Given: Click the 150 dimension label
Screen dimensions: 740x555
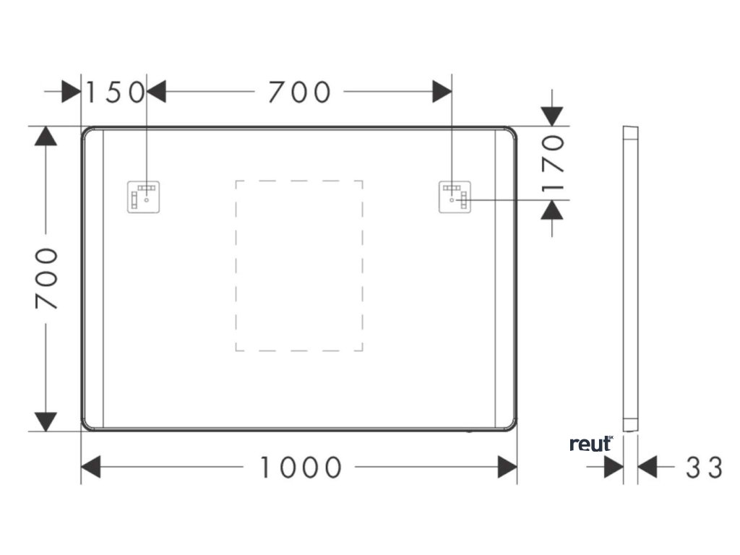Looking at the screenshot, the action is click(116, 92).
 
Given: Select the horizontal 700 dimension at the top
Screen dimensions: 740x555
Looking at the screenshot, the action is click(299, 92).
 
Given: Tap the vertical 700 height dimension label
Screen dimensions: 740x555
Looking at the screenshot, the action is click(48, 278).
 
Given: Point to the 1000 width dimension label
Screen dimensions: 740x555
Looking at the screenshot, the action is click(300, 468).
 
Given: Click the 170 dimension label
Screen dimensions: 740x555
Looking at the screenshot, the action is click(554, 163).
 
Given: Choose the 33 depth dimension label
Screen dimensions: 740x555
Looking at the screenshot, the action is click(704, 468).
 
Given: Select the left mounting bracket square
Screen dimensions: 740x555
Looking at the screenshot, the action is click(145, 197).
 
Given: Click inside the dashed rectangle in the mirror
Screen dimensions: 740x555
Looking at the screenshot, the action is click(299, 266).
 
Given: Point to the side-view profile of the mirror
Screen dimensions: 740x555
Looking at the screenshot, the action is click(631, 278).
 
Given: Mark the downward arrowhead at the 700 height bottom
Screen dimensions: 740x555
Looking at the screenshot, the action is click(46, 421).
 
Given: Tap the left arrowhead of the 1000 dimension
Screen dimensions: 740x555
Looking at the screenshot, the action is click(90, 468).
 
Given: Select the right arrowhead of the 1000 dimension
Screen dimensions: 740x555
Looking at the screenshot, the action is click(508, 468).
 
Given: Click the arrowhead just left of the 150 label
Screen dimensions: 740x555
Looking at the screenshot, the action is click(72, 92).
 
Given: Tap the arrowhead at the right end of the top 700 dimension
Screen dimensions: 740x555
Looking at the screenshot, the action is click(442, 92).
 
